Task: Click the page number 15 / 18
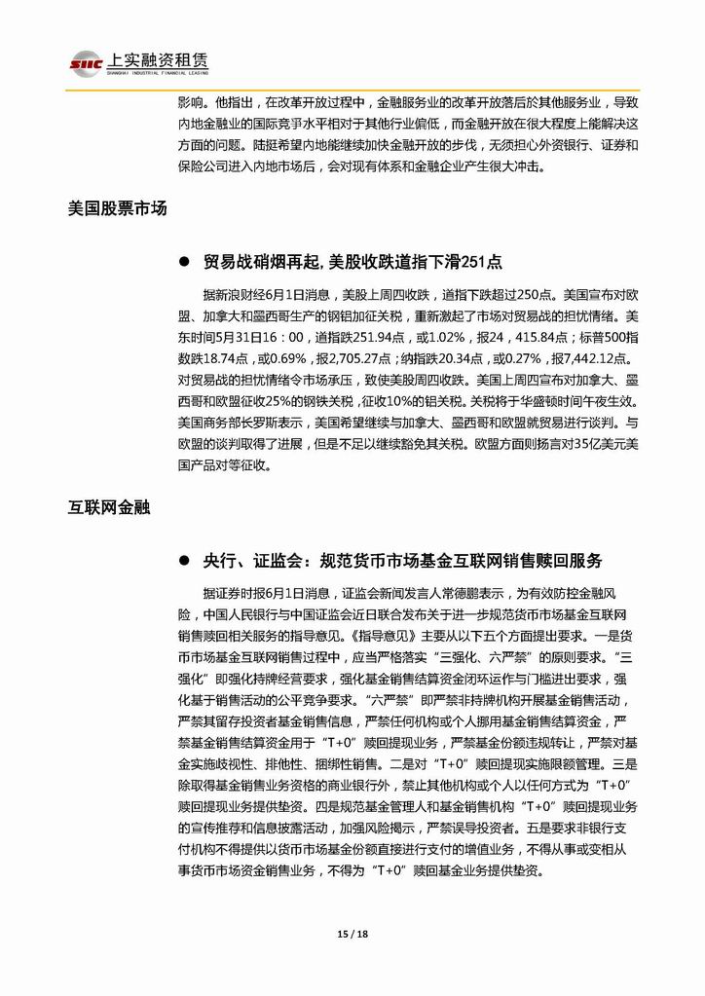[352, 934]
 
